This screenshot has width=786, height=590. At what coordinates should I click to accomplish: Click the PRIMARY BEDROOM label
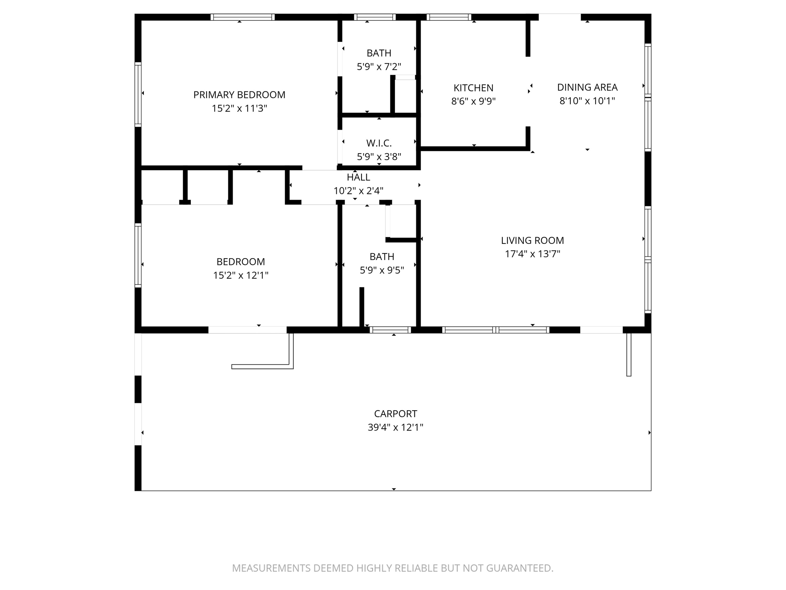point(239,95)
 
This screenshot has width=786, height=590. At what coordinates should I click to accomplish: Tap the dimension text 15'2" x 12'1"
point(241,275)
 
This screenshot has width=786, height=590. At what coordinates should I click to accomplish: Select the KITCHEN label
point(473,88)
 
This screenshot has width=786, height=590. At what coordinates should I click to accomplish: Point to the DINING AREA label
point(587,87)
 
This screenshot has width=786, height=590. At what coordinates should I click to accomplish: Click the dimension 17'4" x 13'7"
point(532,254)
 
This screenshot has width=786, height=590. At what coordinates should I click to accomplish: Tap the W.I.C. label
point(379,143)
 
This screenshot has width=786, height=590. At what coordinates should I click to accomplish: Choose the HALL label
point(358,177)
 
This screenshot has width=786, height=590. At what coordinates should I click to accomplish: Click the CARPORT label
point(395,414)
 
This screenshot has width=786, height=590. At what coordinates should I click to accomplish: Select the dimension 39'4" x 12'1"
point(395,428)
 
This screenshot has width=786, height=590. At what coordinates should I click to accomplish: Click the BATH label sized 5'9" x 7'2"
point(379,53)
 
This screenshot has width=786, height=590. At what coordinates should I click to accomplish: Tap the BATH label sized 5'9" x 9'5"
point(381,257)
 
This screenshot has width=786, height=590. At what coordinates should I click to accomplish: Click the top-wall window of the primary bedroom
point(243,17)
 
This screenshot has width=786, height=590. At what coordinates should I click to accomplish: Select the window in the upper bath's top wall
point(375,17)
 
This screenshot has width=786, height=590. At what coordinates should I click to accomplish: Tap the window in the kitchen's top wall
point(449,17)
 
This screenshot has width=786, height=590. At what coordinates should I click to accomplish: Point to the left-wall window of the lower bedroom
point(138,255)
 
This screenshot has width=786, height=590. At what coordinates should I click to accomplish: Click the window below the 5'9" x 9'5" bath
point(390,330)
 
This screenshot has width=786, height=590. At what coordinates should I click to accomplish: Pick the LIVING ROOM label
point(532,240)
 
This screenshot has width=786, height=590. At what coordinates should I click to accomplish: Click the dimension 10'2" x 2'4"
point(358,191)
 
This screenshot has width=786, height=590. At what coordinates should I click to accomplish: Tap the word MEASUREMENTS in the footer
point(271,568)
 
